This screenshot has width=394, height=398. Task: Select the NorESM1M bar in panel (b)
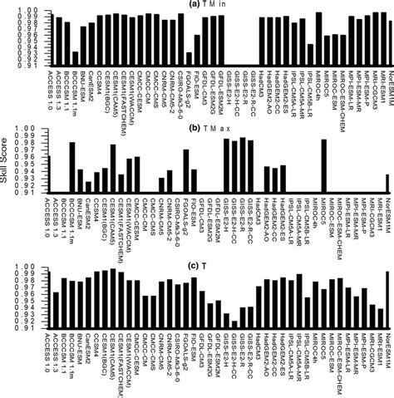coord(387,184)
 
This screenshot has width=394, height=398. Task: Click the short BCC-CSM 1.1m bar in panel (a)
coord(76,59)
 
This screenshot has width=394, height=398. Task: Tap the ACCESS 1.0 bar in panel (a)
coord(49,41)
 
